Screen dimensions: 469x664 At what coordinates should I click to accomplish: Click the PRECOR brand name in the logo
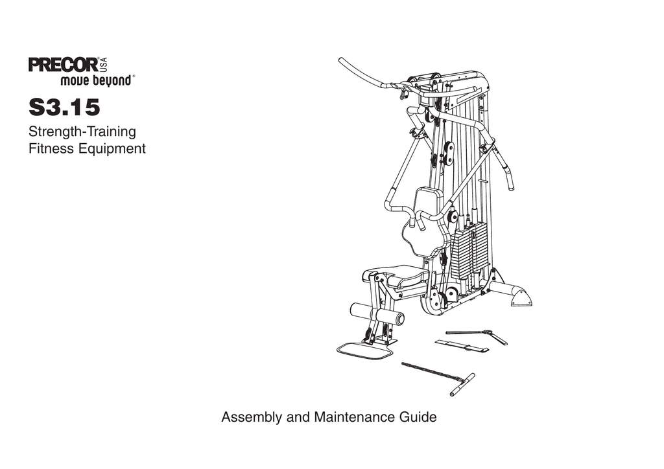coord(63,66)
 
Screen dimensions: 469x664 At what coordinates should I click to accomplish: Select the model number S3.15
coord(64,107)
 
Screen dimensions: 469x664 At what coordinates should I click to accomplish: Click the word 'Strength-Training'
coord(82,132)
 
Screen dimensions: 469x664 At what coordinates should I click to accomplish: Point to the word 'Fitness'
coord(51,149)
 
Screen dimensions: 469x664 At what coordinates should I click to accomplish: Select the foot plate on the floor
coord(364,350)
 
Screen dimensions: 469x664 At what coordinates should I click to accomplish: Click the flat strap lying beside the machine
coord(461,346)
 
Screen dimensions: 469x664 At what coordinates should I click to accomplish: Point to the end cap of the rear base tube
coord(520,298)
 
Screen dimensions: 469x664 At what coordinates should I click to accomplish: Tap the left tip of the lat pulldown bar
coord(342,62)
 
